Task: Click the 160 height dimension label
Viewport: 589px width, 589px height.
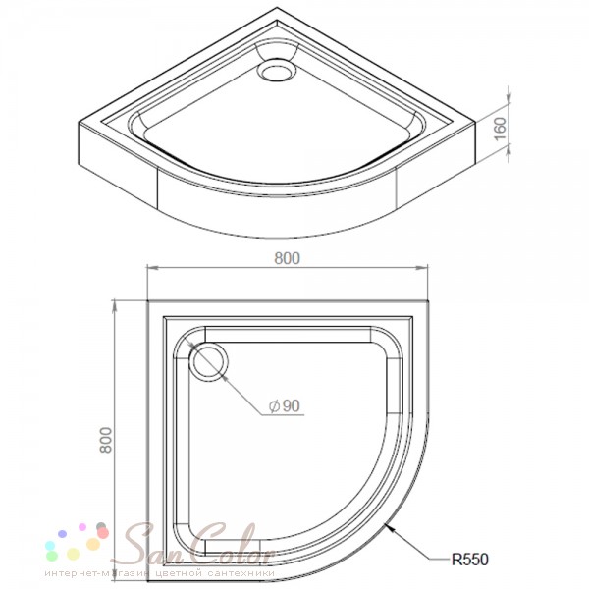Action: click(x=500, y=129)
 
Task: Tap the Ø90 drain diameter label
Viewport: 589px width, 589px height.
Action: click(x=285, y=405)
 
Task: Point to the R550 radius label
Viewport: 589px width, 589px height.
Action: click(x=469, y=560)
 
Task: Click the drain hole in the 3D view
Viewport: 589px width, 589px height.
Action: click(x=277, y=70)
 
